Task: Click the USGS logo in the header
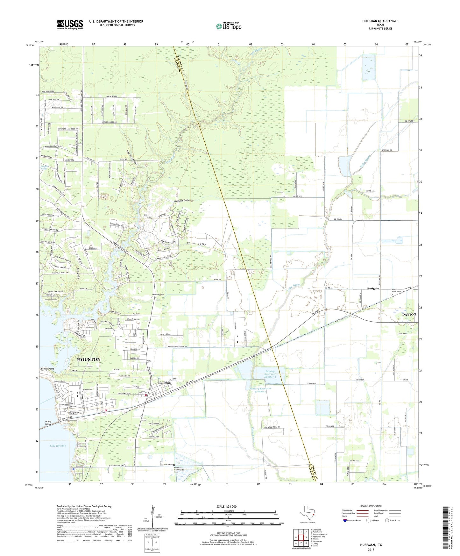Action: (x=70, y=25)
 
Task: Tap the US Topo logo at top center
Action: (x=229, y=26)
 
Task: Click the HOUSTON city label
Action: (x=89, y=359)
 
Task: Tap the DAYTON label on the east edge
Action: (x=409, y=314)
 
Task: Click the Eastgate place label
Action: (x=373, y=289)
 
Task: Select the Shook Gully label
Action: (x=196, y=244)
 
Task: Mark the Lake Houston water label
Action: (x=58, y=446)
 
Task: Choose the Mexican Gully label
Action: (x=182, y=201)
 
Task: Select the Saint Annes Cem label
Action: (x=396, y=290)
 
